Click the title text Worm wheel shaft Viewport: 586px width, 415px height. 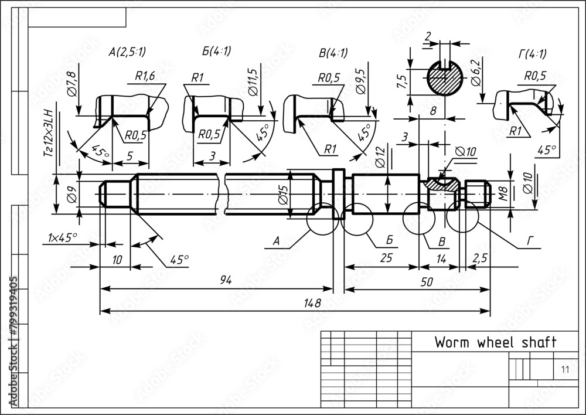(x=494, y=342)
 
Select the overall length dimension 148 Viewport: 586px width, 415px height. (x=313, y=303)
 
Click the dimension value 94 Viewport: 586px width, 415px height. (x=225, y=280)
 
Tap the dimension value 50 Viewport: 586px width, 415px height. (x=427, y=281)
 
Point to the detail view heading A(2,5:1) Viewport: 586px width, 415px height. (x=128, y=52)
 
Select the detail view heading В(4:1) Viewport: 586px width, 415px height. (x=333, y=53)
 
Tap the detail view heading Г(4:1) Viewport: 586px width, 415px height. (x=532, y=55)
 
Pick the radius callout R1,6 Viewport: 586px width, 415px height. (x=145, y=75)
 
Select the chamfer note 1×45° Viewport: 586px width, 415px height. (x=63, y=237)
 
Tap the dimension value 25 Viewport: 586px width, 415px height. (x=386, y=258)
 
